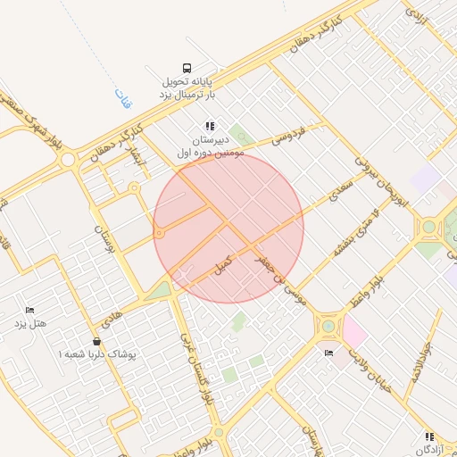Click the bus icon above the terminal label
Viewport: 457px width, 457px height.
click(187, 68)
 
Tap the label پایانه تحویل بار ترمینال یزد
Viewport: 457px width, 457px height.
click(187, 87)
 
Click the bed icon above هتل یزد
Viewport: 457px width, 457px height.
click(29, 310)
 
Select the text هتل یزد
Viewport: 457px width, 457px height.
click(29, 323)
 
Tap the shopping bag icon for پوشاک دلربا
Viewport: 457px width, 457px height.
click(96, 341)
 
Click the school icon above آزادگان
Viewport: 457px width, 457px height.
click(429, 436)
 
